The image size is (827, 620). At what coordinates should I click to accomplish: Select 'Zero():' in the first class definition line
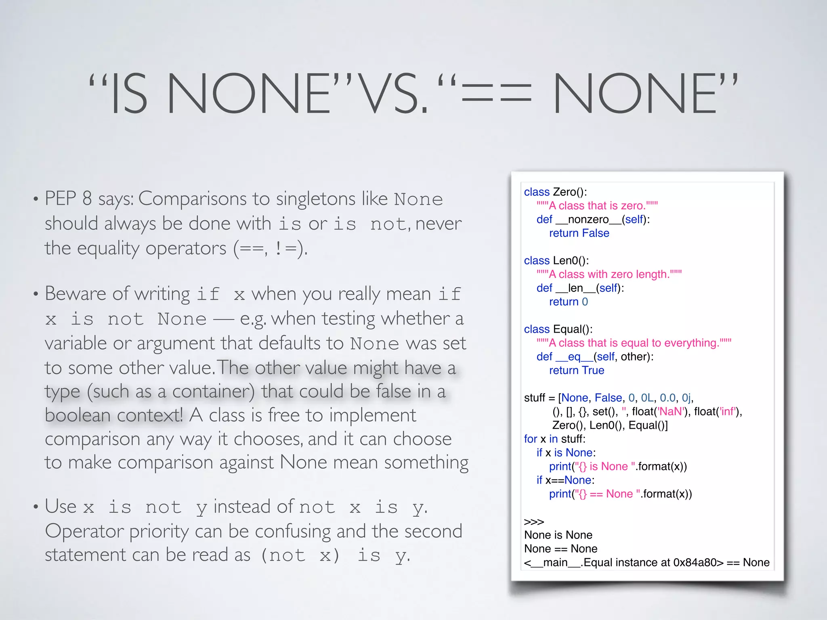[570, 192]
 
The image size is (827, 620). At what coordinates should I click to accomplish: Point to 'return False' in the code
[579, 233]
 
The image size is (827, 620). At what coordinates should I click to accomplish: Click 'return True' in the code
[577, 371]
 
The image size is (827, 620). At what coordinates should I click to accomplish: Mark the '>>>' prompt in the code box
[534, 522]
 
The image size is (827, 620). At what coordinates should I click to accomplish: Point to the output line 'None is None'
[558, 535]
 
